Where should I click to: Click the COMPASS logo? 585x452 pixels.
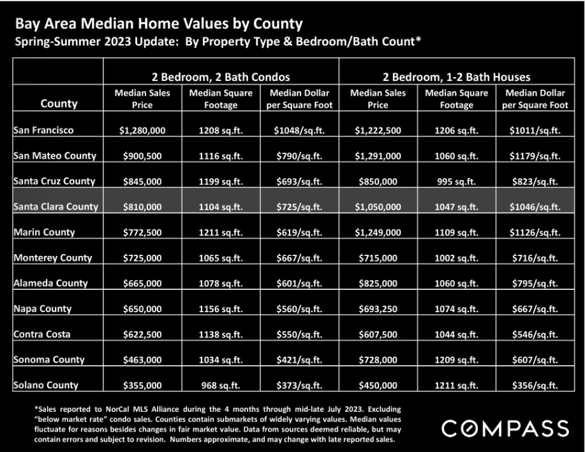[x=505, y=428]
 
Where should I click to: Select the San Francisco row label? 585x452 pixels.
[x=43, y=130]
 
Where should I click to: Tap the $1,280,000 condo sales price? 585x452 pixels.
[x=142, y=130]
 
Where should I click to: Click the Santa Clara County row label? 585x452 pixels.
[x=56, y=206]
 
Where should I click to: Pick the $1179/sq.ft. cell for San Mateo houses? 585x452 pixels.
[x=535, y=156]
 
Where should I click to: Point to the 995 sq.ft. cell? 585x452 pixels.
[x=456, y=181]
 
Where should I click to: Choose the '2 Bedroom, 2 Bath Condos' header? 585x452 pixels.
[x=221, y=77]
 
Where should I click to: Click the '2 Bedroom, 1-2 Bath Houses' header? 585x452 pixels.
[x=456, y=77]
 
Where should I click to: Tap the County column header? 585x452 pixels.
[x=59, y=103]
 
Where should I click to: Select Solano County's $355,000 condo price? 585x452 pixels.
[x=142, y=385]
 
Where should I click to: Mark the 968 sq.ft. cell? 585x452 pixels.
[x=221, y=385]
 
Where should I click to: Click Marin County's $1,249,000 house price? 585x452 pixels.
[x=378, y=232]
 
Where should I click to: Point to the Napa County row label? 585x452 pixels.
[x=43, y=308]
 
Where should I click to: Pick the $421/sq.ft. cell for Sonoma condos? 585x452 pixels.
[x=299, y=360]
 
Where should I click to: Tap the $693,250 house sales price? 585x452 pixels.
[x=378, y=308]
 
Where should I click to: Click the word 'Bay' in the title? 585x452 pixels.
[x=27, y=24]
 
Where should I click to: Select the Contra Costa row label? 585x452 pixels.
[x=42, y=334]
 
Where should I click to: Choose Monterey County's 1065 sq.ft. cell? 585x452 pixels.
[x=221, y=258]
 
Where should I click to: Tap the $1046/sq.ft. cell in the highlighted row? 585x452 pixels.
[x=535, y=206]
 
